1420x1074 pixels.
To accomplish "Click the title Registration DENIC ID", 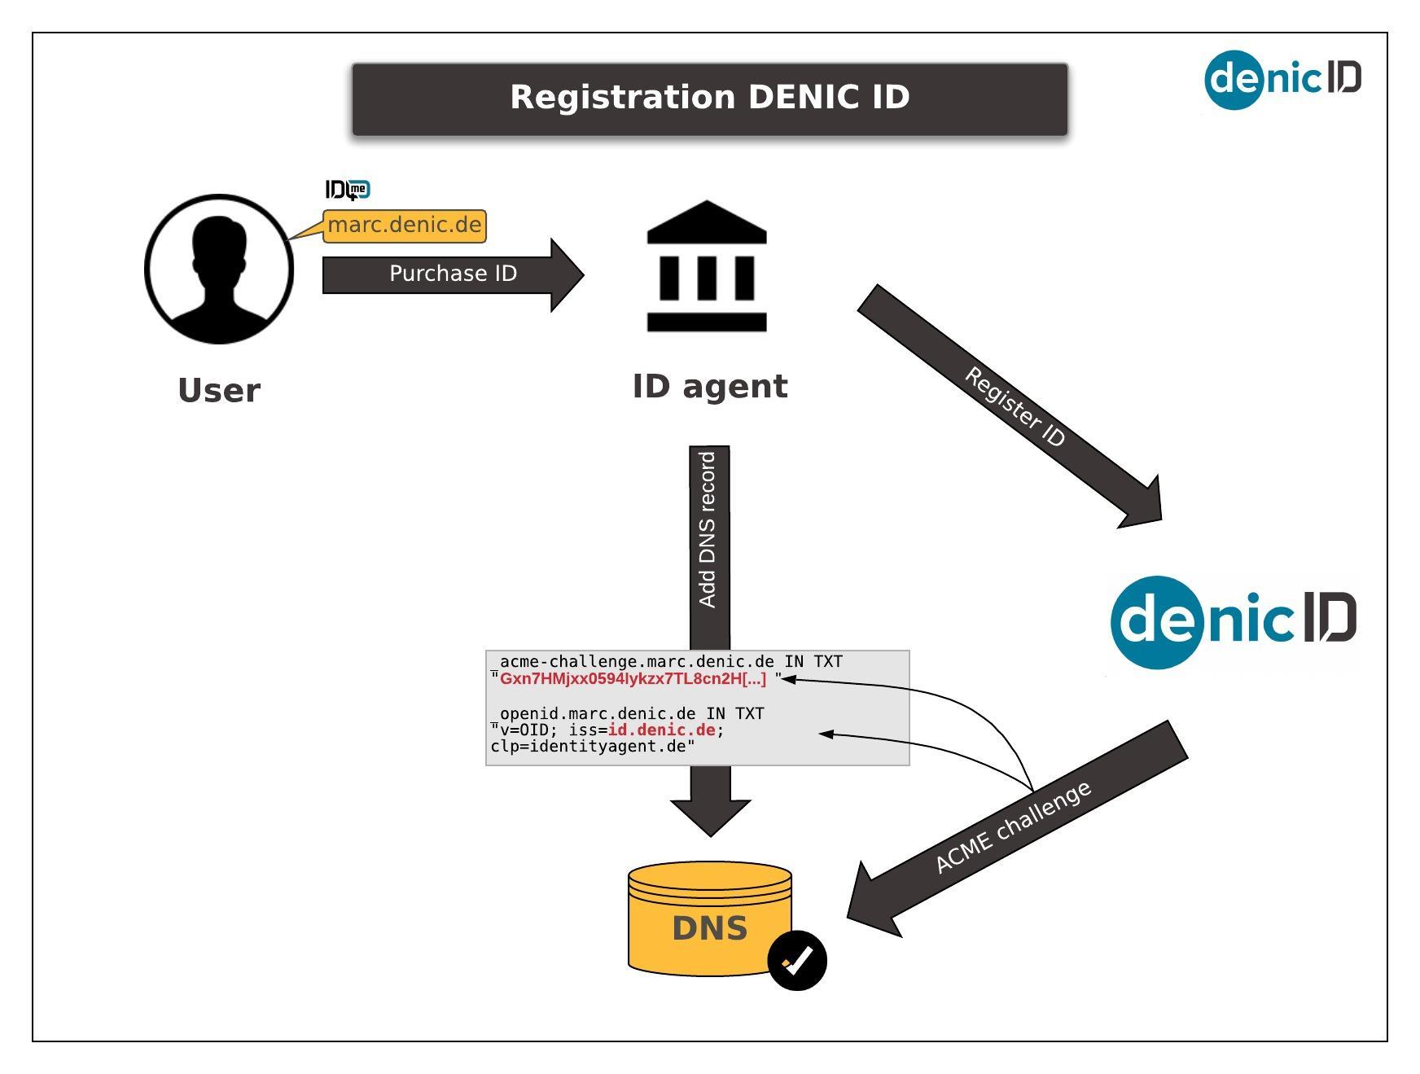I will pos(709,97).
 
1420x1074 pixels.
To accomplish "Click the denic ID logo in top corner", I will pos(1282,79).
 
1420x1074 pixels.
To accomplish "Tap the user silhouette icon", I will pos(218,269).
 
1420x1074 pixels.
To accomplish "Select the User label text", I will pos(219,391).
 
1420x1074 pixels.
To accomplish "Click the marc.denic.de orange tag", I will pos(405,226).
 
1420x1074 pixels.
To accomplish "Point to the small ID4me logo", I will pos(348,190).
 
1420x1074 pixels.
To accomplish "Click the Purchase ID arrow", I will pos(453,274).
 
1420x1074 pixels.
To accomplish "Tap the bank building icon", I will pos(707,266).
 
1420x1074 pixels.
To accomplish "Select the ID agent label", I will pos(710,386).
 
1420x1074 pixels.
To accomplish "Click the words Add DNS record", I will pos(708,529).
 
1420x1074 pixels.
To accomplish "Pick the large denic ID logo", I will pos(1233,620).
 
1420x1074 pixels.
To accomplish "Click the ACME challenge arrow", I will pos(1014,827).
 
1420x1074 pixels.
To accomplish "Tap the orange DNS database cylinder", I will pos(709,918).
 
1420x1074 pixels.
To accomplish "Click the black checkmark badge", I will pos(797,961).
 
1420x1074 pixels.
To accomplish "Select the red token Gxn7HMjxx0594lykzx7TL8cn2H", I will pos(633,679).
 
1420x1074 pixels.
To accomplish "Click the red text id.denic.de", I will pos(661,730).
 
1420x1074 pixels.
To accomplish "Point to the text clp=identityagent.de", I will pos(592,747).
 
